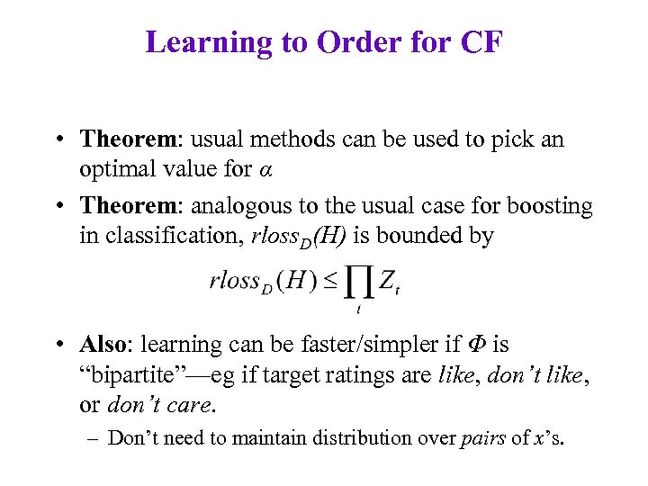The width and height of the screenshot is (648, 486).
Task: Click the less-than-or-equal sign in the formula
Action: (x=330, y=282)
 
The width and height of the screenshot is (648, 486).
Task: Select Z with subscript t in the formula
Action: (x=388, y=283)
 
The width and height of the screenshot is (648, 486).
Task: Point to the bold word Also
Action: (x=105, y=345)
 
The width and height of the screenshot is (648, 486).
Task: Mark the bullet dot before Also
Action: (x=57, y=345)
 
